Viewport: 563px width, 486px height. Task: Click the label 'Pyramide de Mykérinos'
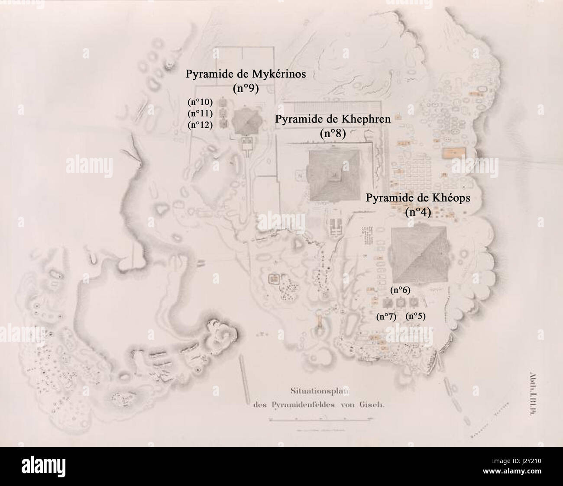pyautogui.click(x=246, y=74)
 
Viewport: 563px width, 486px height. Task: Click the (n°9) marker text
pyautogui.click(x=246, y=89)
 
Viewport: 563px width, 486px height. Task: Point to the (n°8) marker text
pyautogui.click(x=333, y=134)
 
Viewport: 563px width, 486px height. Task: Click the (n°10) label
pyautogui.click(x=200, y=103)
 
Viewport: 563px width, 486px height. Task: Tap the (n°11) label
pyautogui.click(x=200, y=114)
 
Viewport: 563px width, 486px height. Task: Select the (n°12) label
pyautogui.click(x=200, y=125)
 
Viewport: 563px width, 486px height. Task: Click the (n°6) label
pyautogui.click(x=400, y=290)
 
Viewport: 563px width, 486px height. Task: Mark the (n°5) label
pyautogui.click(x=415, y=316)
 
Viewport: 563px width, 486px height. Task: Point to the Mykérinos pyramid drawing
pyautogui.click(x=246, y=122)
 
